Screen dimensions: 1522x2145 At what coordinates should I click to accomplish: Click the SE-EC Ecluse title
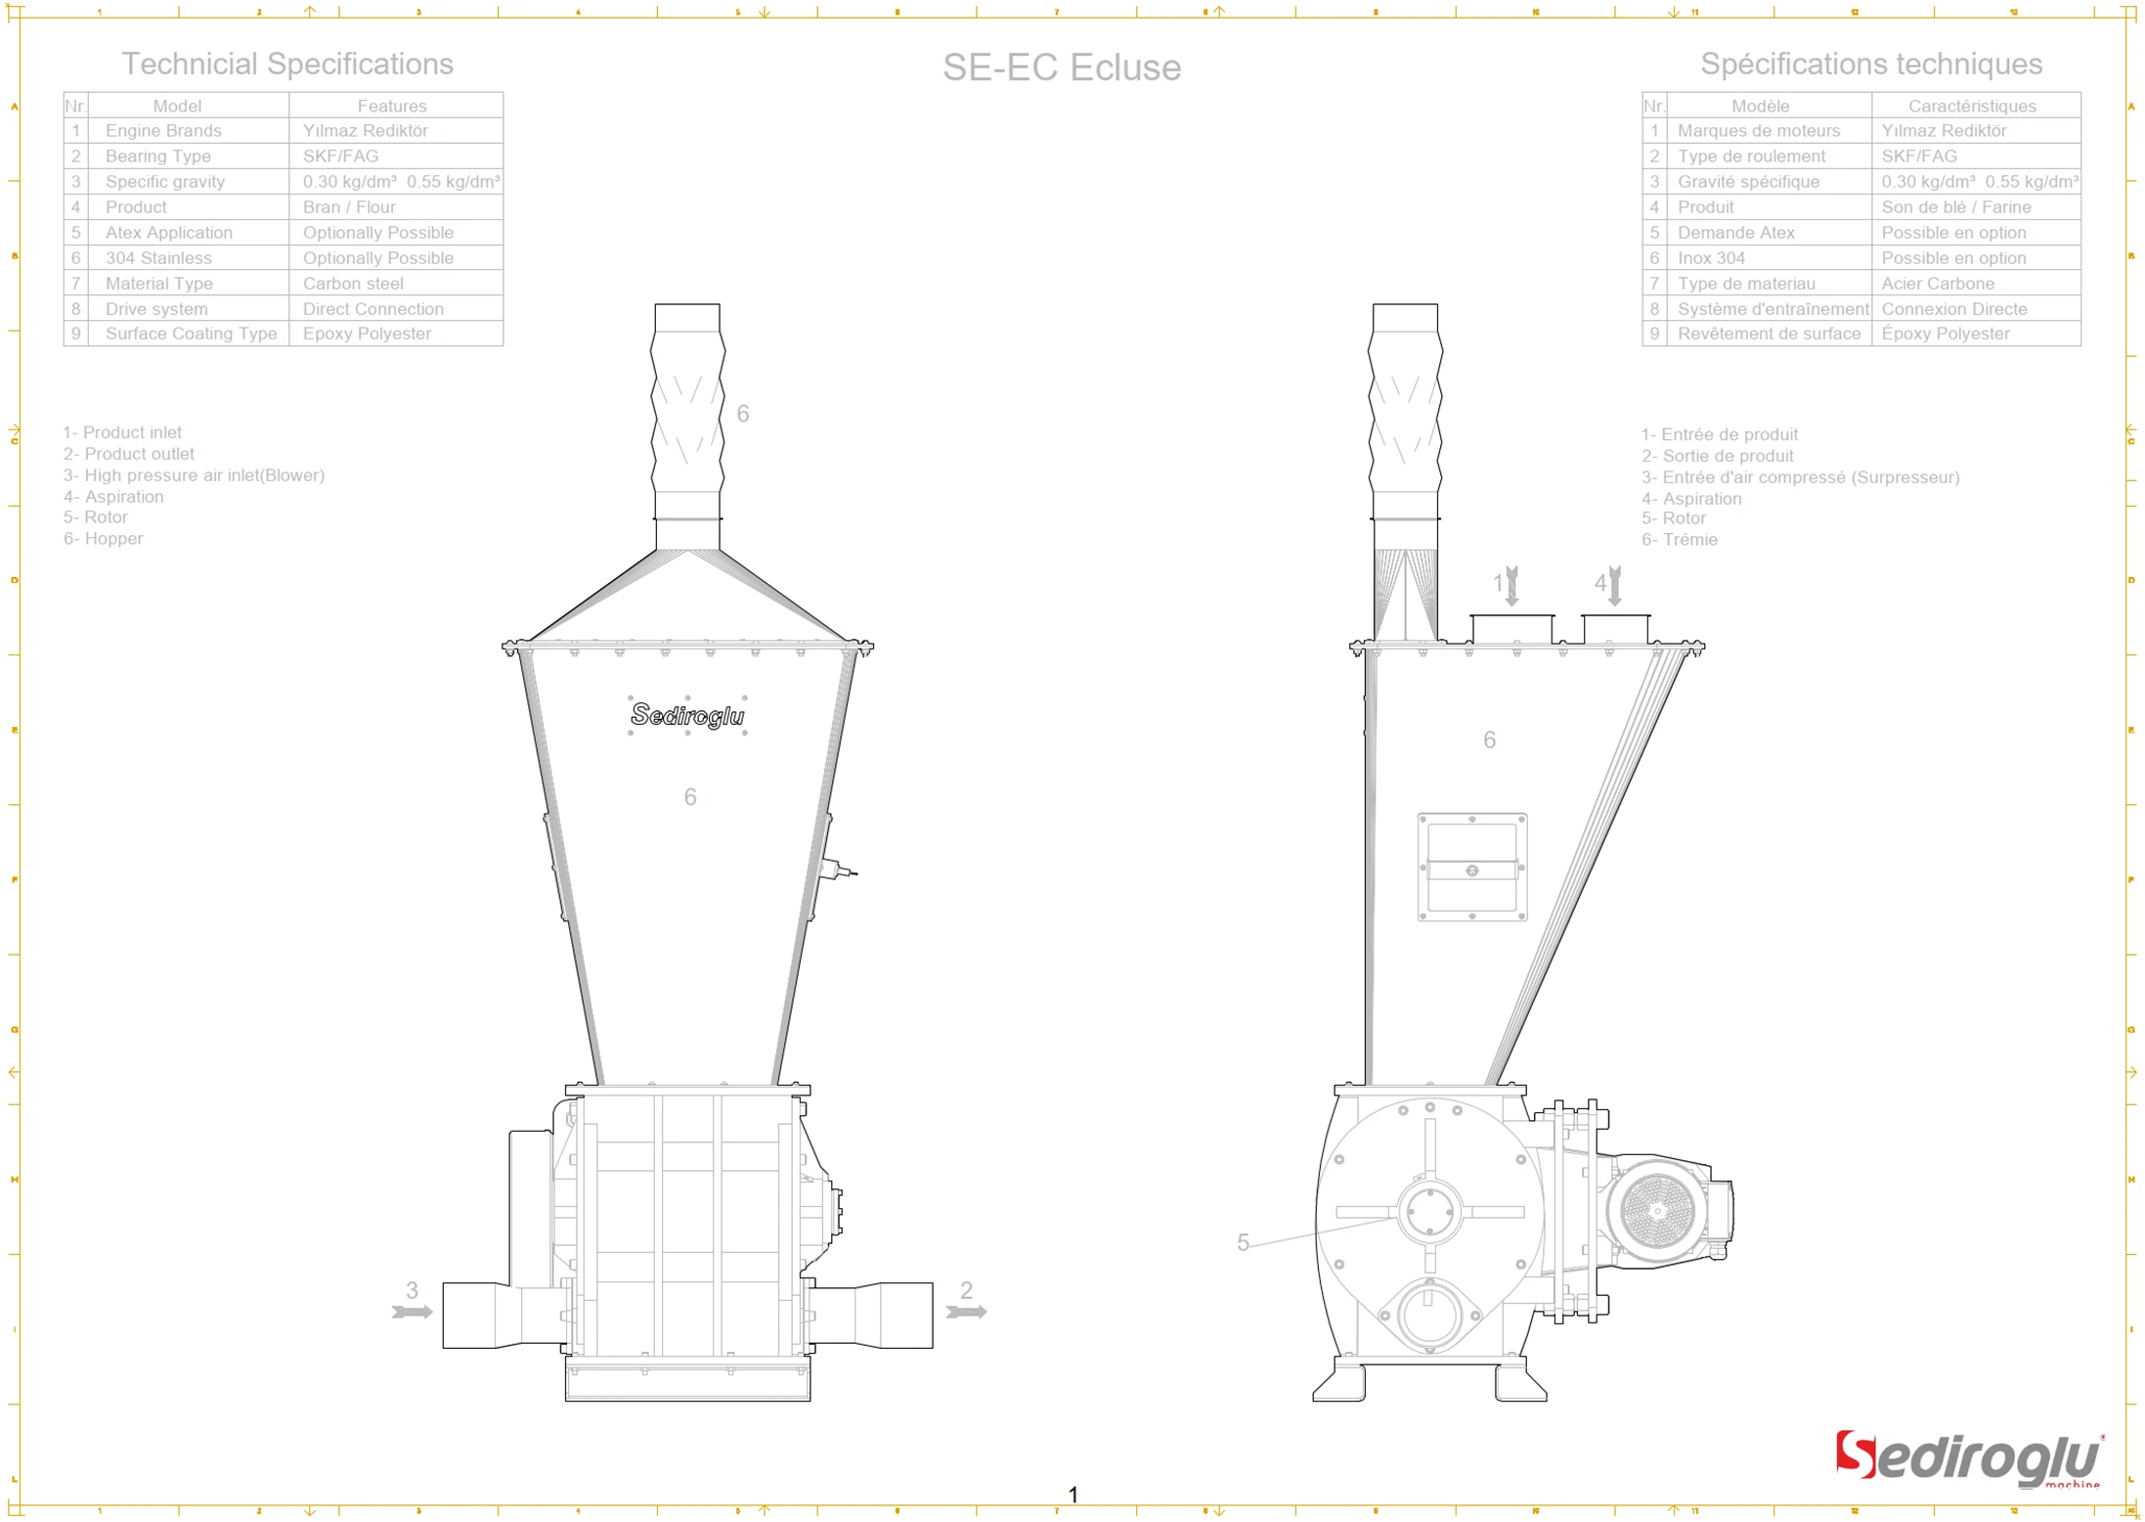[1061, 67]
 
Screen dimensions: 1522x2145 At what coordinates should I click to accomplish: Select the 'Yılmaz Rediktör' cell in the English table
[365, 130]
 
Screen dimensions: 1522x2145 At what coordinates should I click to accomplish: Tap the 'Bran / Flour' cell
[349, 206]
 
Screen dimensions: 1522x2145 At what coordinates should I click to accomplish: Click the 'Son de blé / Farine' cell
[1955, 206]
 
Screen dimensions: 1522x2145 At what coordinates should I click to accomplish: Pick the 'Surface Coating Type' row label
[191, 334]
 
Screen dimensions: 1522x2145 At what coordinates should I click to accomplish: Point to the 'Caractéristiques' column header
[1971, 106]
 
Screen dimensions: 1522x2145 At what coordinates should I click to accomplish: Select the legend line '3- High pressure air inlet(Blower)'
[194, 475]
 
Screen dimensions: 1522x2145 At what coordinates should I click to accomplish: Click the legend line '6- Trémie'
[1679, 540]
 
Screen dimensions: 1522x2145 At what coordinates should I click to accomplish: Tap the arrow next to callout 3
[413, 1312]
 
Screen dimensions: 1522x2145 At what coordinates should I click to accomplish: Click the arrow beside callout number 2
[966, 1312]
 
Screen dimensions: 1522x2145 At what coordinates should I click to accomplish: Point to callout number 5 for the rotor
[1243, 1242]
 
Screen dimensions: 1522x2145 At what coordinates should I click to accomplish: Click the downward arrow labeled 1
[1511, 585]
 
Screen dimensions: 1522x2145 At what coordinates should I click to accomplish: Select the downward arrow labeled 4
[1614, 585]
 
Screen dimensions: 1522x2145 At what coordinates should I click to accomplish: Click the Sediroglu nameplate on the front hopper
[687, 715]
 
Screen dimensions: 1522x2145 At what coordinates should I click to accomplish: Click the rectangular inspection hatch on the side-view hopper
[1471, 868]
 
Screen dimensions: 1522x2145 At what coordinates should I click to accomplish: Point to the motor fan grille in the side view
[1656, 1211]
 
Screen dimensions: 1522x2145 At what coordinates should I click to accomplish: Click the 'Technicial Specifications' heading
[286, 64]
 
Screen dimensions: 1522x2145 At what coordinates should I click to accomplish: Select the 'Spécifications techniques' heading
[1870, 64]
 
